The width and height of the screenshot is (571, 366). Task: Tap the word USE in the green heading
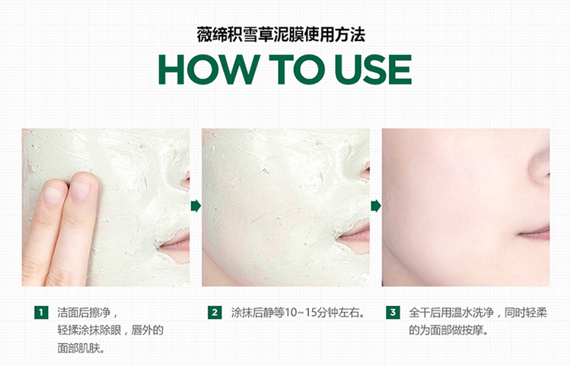coord(373,69)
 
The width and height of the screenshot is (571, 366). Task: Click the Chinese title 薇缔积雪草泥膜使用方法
coord(281,35)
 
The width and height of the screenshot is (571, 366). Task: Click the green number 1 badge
coord(41,313)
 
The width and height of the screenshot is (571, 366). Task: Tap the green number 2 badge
coord(215,313)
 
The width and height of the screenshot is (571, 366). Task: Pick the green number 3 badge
coord(393,313)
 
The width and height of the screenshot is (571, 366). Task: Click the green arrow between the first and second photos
coord(196,206)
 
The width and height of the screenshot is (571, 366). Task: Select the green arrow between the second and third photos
coord(375,206)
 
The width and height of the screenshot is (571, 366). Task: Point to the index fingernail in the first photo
coord(81,189)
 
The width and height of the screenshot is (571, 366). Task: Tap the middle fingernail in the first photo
coord(53,194)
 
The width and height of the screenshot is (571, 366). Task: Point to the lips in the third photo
coord(534,233)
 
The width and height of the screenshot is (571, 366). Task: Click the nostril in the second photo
coord(365,172)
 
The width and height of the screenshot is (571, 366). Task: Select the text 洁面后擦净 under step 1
coord(84,313)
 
